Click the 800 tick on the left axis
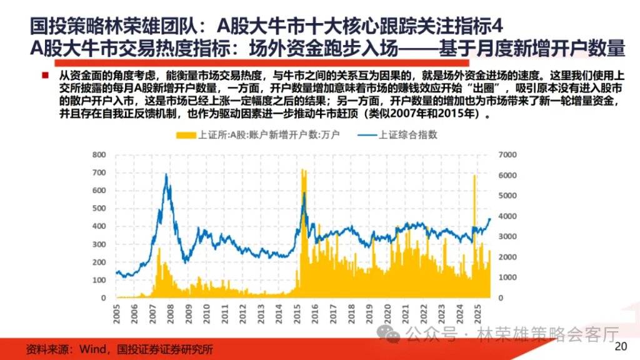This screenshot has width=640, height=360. pos(99,154)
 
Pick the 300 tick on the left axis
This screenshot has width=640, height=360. pos(99,244)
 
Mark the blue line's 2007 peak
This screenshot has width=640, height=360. pos(166,175)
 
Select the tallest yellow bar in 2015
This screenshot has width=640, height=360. pos(302,170)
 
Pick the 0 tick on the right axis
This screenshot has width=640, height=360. pos(502,297)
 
